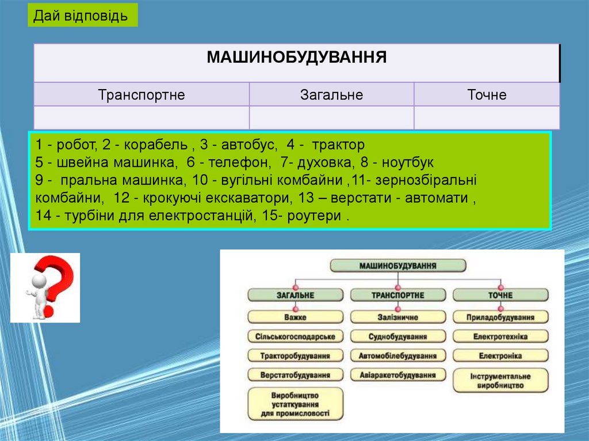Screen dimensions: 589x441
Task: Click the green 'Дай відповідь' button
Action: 82,16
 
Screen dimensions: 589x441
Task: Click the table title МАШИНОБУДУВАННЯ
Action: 296,57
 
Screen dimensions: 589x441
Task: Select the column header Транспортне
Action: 141,94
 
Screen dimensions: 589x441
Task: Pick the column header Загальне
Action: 331,94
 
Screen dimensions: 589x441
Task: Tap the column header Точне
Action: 487,94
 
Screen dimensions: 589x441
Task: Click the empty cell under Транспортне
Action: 141,117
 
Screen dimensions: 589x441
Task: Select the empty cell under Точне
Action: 487,117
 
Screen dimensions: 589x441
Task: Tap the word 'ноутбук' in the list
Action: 407,162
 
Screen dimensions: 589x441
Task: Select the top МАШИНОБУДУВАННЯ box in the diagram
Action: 397,266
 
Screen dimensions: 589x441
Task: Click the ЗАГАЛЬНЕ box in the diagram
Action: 296,295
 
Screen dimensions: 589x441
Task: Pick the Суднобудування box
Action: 397,336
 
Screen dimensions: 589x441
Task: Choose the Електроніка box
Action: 500,356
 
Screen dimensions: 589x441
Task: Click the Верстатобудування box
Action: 296,375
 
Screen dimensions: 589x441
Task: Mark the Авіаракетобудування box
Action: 397,375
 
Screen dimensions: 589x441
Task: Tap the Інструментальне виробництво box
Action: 500,380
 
